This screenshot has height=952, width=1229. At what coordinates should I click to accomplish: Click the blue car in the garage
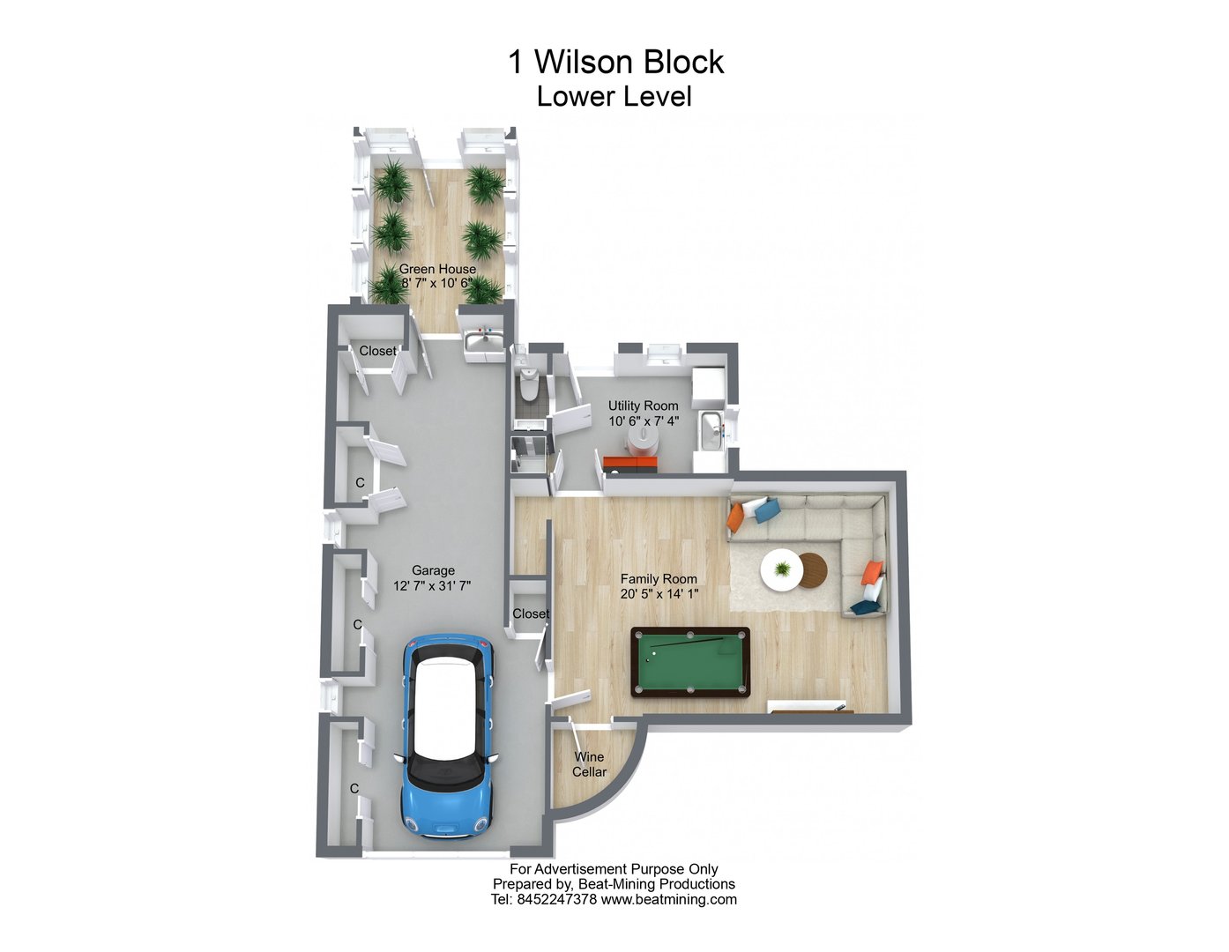pyautogui.click(x=447, y=737)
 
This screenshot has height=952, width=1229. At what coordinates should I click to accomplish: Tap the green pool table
pyautogui.click(x=690, y=662)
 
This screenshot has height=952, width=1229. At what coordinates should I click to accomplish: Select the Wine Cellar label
pyautogui.click(x=589, y=764)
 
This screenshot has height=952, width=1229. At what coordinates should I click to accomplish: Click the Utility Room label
pyautogui.click(x=643, y=405)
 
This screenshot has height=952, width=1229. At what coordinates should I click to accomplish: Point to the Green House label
pyautogui.click(x=437, y=269)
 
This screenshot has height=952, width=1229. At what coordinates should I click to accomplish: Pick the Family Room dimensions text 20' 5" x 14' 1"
pyautogui.click(x=659, y=594)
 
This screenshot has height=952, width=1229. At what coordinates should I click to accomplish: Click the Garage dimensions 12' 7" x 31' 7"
pyautogui.click(x=433, y=585)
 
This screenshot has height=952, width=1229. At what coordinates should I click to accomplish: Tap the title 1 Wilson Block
pyautogui.click(x=615, y=62)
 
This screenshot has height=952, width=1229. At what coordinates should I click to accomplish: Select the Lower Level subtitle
pyautogui.click(x=614, y=96)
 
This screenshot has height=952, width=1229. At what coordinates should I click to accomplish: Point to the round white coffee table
pyautogui.click(x=780, y=569)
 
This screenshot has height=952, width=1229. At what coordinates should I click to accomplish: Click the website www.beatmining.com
pyautogui.click(x=668, y=900)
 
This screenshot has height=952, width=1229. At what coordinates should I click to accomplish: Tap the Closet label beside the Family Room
pyautogui.click(x=531, y=614)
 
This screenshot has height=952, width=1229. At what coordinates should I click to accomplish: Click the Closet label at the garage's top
pyautogui.click(x=377, y=351)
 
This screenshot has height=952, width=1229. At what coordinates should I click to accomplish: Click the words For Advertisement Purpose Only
pyautogui.click(x=614, y=869)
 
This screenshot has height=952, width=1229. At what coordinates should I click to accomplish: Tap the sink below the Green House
pyautogui.click(x=480, y=340)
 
